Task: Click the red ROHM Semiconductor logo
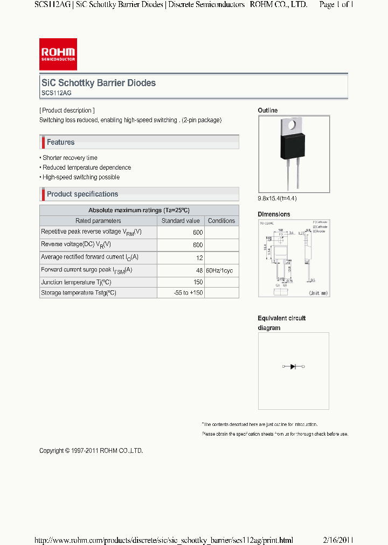tap(58, 54)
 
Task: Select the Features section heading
tap(60, 142)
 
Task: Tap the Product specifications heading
tap(82, 194)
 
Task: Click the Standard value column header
tap(181, 221)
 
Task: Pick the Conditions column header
tap(221, 221)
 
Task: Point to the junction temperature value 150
tap(198, 282)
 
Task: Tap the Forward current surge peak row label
tap(86, 270)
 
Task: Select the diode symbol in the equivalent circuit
tap(293, 367)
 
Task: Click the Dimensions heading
tap(274, 214)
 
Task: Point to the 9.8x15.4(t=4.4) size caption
tap(277, 198)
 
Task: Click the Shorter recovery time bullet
tap(69, 158)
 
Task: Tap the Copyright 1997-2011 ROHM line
tap(91, 451)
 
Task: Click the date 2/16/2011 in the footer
tap(338, 540)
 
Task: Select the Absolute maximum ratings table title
tap(139, 210)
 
